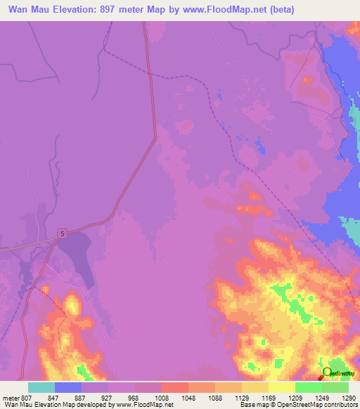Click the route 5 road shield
click(x=63, y=233)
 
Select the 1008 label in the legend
click(x=161, y=397)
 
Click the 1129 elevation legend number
click(x=241, y=397)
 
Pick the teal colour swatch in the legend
click(x=41, y=387)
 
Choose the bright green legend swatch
click(x=308, y=387)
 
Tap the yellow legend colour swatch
click(x=281, y=387)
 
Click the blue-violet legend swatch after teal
click(x=68, y=387)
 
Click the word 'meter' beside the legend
click(x=11, y=397)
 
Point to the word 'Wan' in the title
click(x=20, y=10)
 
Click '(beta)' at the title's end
click(x=280, y=10)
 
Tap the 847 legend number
click(x=54, y=397)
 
